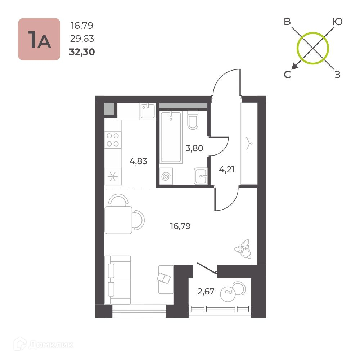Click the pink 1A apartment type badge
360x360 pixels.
click(39, 39)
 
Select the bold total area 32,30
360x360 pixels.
click(82, 52)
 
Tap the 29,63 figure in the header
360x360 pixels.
click(82, 39)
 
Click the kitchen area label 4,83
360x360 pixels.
click(138, 161)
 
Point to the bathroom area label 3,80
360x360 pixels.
click(194, 148)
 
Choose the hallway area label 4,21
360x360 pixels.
click(226, 170)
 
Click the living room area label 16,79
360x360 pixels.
click(180, 226)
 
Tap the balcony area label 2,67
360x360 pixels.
click(206, 292)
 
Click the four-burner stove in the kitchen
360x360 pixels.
click(113, 140)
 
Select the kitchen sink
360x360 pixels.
click(148, 111)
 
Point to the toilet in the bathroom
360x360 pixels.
click(193, 120)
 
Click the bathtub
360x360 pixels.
click(171, 137)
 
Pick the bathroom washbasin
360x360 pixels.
click(201, 176)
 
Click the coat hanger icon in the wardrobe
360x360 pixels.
click(249, 144)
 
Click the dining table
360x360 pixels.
click(118, 220)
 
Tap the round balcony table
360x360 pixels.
click(228, 294)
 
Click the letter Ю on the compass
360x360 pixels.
click(337, 22)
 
